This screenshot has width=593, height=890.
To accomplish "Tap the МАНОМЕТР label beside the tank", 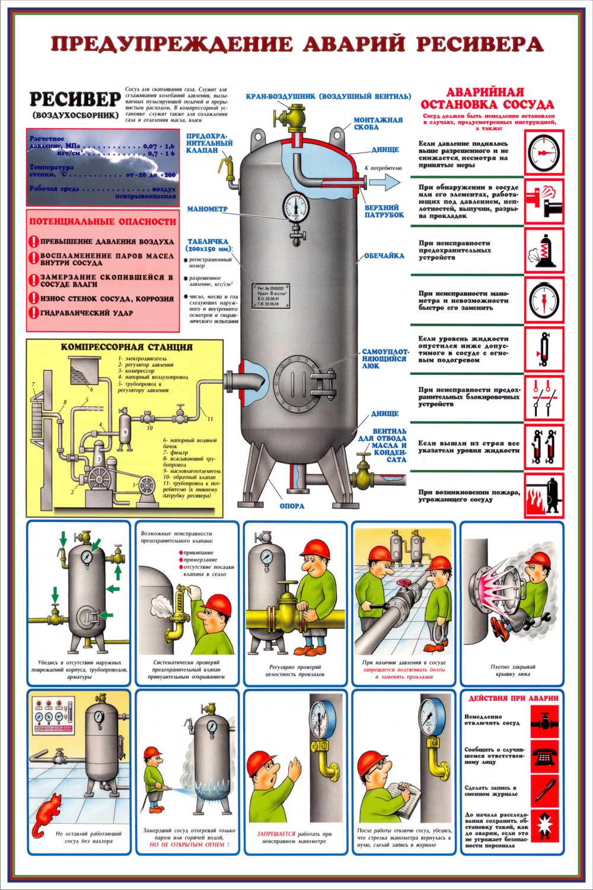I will (x=208, y=209).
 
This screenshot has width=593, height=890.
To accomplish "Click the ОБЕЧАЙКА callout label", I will (x=384, y=256).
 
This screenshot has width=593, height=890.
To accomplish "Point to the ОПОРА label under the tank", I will (x=292, y=506).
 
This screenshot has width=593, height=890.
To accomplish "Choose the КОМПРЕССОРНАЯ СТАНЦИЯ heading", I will (x=126, y=347).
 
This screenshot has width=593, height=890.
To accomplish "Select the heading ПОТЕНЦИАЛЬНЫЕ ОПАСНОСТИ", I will (x=103, y=221).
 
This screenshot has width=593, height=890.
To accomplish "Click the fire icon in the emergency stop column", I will (x=543, y=496).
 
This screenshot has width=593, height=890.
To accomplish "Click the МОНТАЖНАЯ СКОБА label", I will (x=378, y=123).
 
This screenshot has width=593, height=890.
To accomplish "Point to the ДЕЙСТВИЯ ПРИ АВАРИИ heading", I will (x=513, y=698).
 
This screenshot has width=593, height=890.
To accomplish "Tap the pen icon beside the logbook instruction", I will (x=544, y=790).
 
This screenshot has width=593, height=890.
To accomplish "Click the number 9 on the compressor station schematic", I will (x=125, y=431).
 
